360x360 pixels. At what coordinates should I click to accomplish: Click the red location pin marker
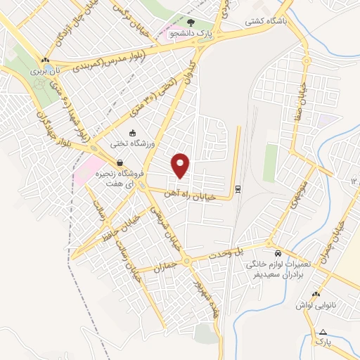pos(181,165)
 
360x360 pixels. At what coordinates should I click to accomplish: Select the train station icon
pos(238,188)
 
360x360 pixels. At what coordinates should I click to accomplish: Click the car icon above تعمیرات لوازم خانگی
pos(278,252)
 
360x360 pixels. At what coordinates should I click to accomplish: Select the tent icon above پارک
pos(323,331)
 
